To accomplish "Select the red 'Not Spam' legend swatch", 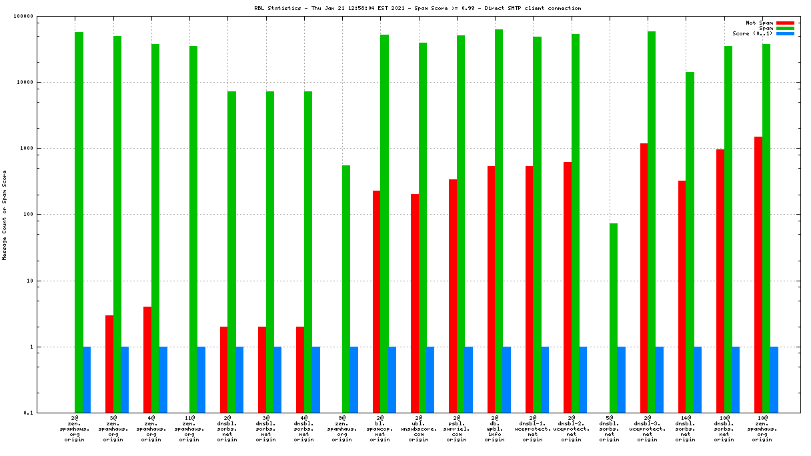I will [786, 23].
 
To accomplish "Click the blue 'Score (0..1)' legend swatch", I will [786, 33].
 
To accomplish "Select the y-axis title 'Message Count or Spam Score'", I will [4, 215].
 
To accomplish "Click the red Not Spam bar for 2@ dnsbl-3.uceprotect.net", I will [644, 278].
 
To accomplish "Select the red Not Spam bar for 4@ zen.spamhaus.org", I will [147, 359].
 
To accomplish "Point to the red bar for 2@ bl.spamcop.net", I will [377, 301].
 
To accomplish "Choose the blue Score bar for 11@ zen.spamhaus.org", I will [201, 379].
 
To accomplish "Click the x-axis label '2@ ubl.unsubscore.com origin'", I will [418, 430].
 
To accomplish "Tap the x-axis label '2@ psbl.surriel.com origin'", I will [457, 430].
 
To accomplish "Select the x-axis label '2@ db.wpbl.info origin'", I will [495, 430].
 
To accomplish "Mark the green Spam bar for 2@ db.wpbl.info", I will [499, 221].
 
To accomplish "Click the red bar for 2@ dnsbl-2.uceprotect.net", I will [568, 287].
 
